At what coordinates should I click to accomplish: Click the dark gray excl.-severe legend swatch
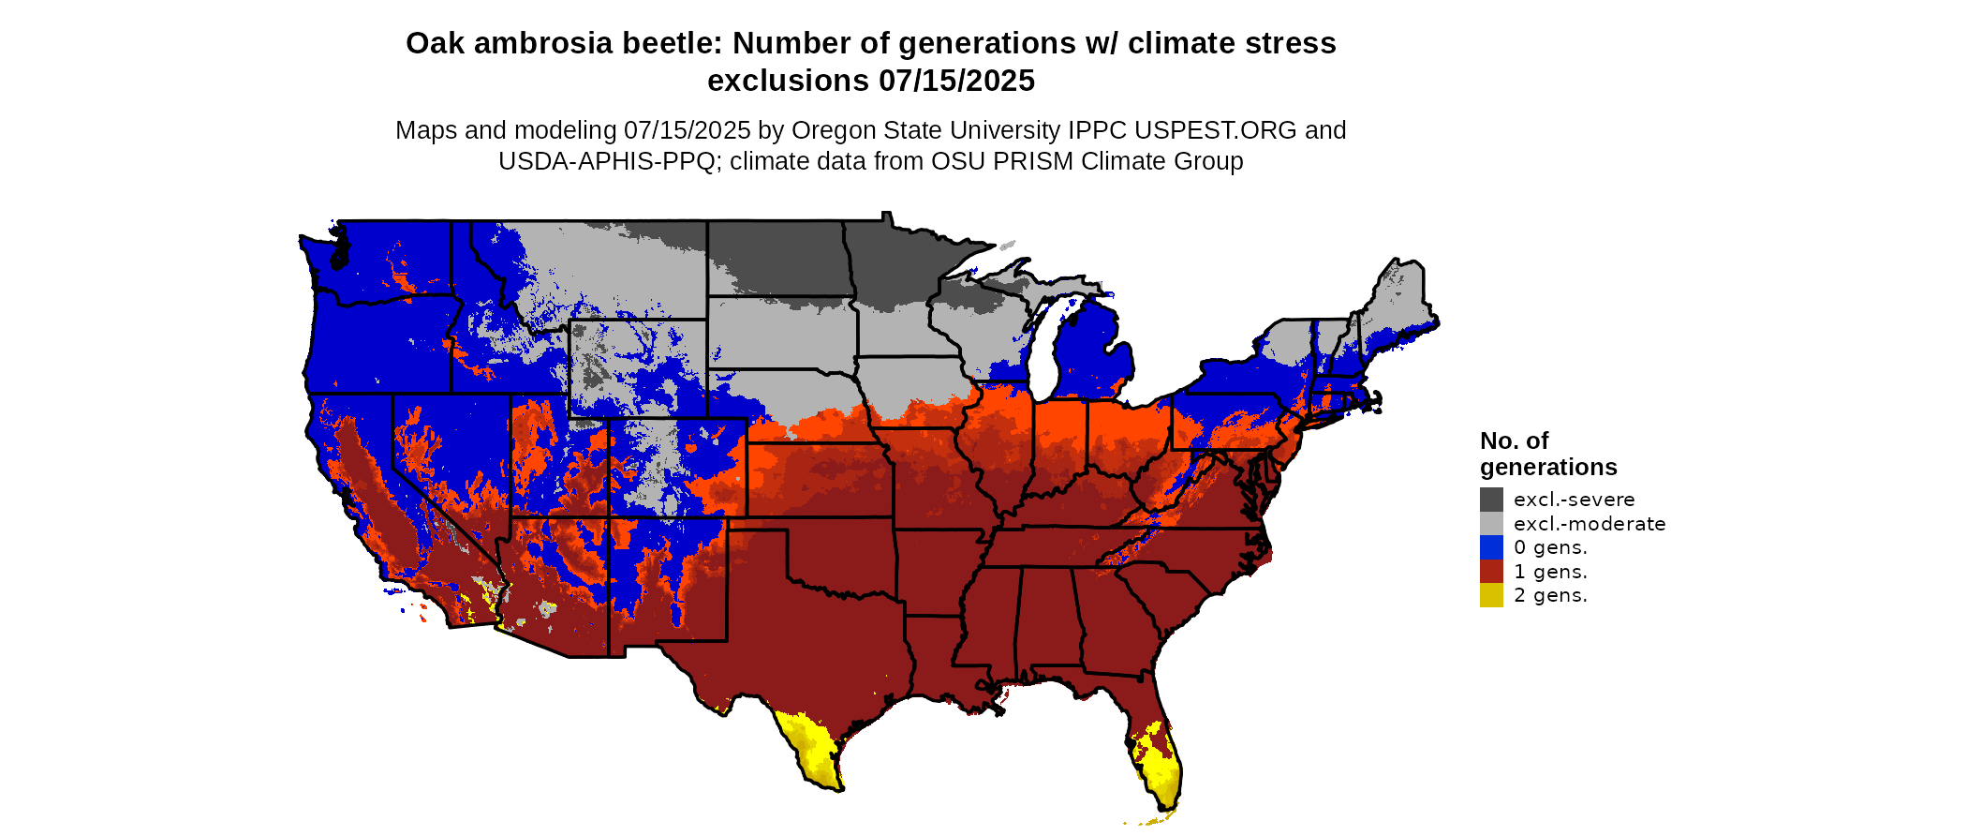pyautogui.click(x=1491, y=500)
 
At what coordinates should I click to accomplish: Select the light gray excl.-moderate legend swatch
pyautogui.click(x=1491, y=524)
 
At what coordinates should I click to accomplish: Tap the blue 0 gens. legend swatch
pyautogui.click(x=1491, y=547)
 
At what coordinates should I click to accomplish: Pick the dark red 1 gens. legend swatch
pyautogui.click(x=1491, y=572)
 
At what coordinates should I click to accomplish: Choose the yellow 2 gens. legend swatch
pyautogui.click(x=1491, y=595)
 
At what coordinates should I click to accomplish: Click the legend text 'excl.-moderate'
pyautogui.click(x=1590, y=524)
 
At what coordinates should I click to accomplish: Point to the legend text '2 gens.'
pyautogui.click(x=1550, y=595)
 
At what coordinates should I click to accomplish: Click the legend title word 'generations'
pyautogui.click(x=1548, y=467)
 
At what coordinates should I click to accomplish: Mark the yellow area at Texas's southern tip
pyautogui.click(x=813, y=750)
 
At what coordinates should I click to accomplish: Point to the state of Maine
pyautogui.click(x=1400, y=300)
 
